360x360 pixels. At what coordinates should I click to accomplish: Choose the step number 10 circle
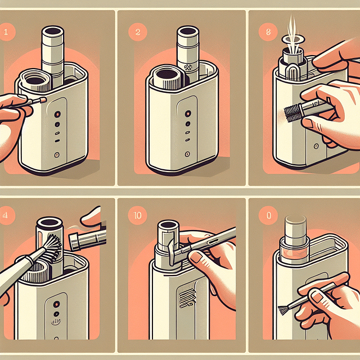137,215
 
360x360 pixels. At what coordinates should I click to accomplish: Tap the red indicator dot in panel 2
185,112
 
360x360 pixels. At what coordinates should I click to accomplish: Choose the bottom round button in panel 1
56,154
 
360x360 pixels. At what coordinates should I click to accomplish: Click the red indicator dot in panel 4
56,303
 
